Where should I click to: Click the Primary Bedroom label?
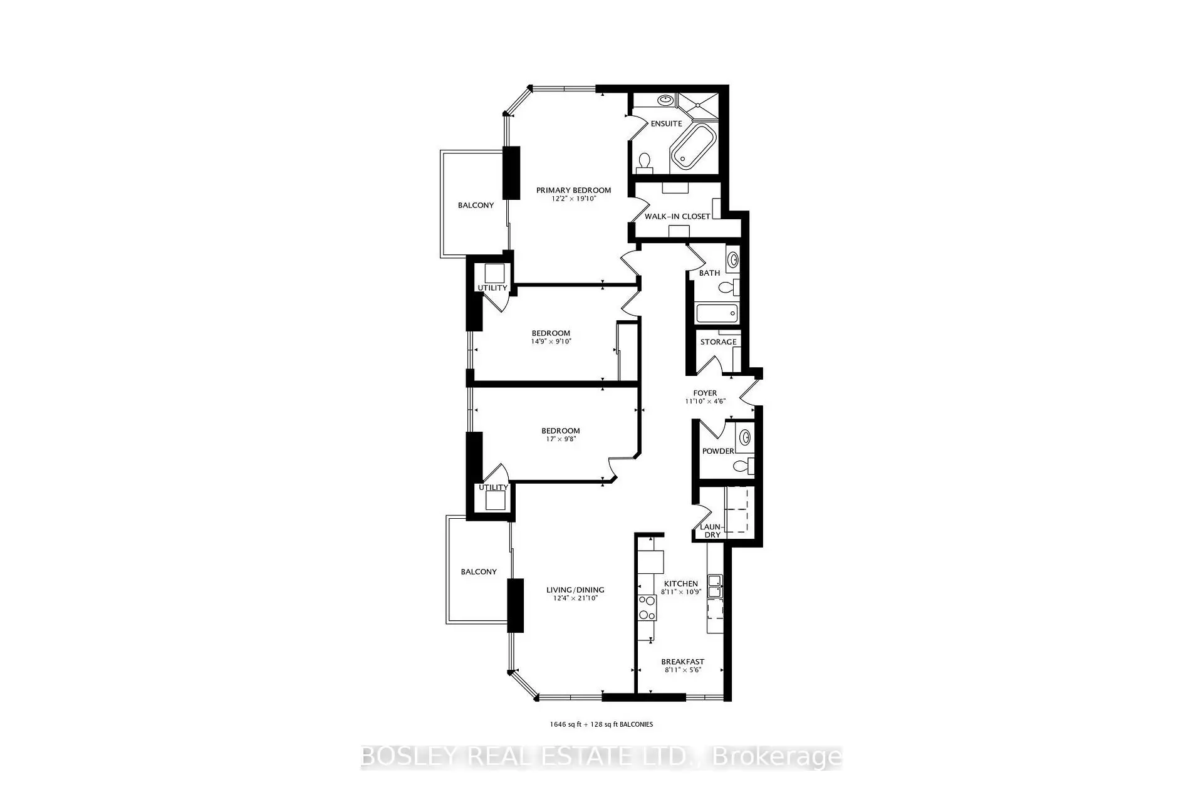[573, 190]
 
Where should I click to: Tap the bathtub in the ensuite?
[693, 146]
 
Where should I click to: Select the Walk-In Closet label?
[677, 216]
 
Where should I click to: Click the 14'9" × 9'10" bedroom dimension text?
[551, 341]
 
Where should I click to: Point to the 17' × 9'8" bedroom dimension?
[561, 439]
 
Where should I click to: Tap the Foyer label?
[705, 393]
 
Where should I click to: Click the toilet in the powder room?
[744, 466]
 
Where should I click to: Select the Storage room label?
[718, 342]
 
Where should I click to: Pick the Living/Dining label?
[575, 590]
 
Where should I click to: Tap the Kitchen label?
[680, 583]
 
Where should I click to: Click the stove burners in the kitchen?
[647, 608]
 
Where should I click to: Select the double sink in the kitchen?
[715, 586]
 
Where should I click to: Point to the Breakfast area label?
[683, 662]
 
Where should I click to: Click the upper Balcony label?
[476, 206]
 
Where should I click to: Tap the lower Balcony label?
[479, 572]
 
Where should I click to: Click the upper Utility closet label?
[492, 288]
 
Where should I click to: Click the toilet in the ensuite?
[644, 163]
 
